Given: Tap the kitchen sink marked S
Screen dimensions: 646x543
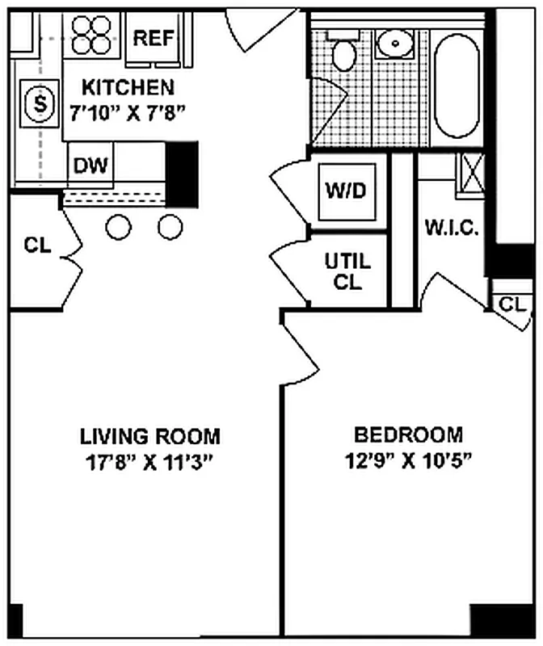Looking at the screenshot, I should click(37, 103).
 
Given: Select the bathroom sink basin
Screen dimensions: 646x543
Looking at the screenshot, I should click(394, 42).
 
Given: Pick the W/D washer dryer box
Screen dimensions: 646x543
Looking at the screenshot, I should click(346, 191).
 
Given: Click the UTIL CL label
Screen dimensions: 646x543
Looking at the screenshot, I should click(347, 271).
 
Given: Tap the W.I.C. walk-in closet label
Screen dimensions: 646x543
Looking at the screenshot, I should click(452, 228).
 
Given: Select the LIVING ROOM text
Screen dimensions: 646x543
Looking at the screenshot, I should click(149, 437).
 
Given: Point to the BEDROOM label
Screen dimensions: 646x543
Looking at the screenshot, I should click(409, 435).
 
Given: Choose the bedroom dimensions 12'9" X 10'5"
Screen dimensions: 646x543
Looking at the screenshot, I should click(409, 460).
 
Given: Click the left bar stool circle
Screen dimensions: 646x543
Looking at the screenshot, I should click(119, 228).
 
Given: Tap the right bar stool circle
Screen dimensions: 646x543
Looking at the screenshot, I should click(170, 228).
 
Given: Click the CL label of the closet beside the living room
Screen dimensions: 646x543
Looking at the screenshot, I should click(37, 245).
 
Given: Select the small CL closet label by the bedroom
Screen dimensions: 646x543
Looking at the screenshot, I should click(511, 304).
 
